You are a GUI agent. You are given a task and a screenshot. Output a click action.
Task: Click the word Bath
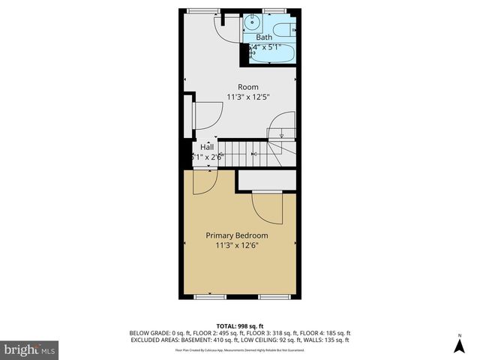coord(265,37)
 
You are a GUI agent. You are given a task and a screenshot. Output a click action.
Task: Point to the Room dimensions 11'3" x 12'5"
coord(248,97)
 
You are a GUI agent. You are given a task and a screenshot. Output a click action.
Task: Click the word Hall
coord(206,147)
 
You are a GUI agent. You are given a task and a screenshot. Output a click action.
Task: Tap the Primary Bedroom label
coord(237,235)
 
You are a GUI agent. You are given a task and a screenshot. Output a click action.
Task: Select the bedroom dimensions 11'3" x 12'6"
coord(237,245)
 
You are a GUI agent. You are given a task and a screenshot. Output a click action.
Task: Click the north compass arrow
coord(460,344)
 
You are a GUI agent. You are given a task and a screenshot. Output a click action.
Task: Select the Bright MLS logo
coord(30,349)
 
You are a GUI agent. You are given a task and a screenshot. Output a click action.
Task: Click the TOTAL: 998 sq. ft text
coord(240,325)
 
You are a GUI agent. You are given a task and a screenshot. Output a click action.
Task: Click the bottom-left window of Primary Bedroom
coord(210,297)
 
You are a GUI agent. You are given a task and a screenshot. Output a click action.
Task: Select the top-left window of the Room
coord(199,9)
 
